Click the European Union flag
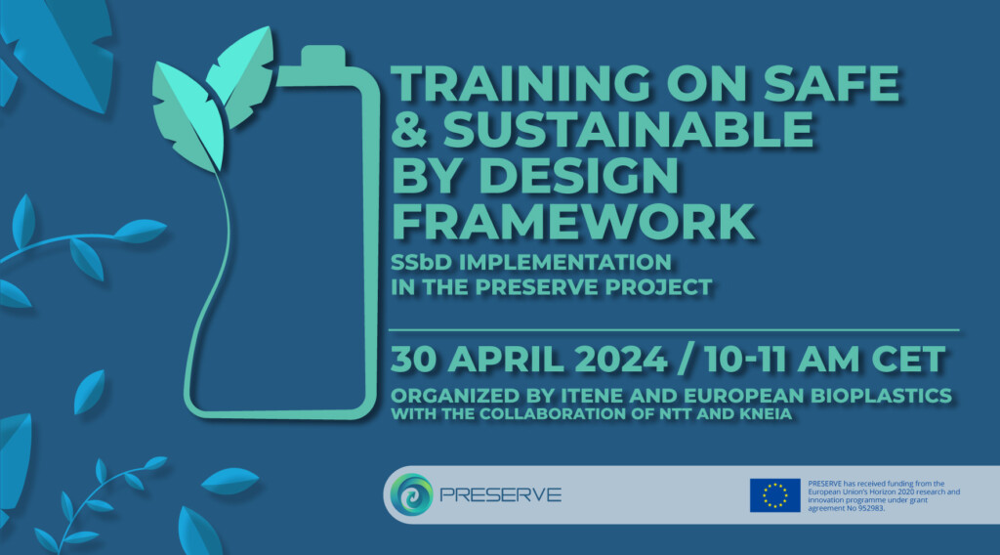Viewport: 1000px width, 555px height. pos(774,495)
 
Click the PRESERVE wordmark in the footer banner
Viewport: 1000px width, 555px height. pos(500,495)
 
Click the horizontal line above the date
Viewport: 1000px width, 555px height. pos(674,330)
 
